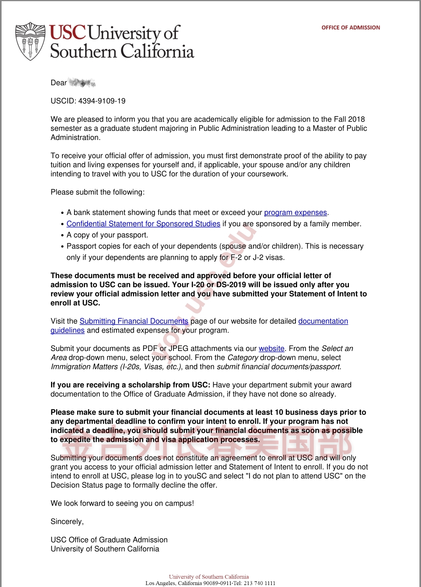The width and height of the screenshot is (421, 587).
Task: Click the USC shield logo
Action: click(30, 41)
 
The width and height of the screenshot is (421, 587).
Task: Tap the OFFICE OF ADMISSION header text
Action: click(350, 28)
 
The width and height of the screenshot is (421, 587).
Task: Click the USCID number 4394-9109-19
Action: click(102, 101)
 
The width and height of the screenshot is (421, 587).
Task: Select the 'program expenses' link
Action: click(295, 212)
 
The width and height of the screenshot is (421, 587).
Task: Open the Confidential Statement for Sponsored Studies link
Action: click(143, 224)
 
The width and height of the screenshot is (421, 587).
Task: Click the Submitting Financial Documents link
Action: click(134, 321)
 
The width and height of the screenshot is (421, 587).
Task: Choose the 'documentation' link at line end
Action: click(323, 321)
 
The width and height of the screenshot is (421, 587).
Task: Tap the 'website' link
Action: click(271, 348)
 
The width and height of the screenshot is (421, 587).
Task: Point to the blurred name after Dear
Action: click(82, 83)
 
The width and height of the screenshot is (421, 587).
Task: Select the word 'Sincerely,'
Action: click(67, 522)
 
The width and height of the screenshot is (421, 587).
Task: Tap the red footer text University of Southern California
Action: click(209, 577)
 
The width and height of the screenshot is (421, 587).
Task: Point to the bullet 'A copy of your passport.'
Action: click(107, 235)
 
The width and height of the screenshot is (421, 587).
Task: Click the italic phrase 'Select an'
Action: click(337, 348)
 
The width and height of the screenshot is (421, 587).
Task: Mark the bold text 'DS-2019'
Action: click(231, 285)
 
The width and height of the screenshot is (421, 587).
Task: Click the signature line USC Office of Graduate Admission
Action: click(109, 539)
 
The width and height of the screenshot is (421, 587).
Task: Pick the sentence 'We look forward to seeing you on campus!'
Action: click(122, 503)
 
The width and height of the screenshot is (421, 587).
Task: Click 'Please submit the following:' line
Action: click(97, 192)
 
